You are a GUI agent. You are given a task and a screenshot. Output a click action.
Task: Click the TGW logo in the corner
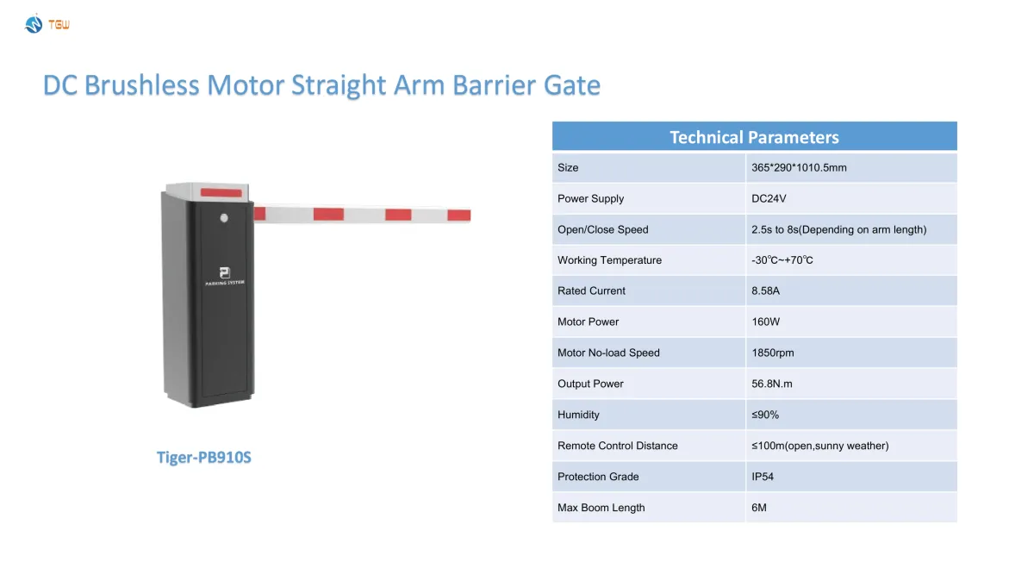click(47, 24)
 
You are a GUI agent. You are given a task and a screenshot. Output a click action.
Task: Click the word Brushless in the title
click(141, 85)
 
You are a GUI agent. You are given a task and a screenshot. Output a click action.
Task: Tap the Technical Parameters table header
click(754, 137)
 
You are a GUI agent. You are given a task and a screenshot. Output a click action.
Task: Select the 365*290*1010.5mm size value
click(799, 167)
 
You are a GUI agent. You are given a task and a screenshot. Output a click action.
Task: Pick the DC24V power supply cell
click(769, 198)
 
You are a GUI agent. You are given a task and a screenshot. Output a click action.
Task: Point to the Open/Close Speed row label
click(602, 229)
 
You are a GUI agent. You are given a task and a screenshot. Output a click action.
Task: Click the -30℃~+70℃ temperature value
click(782, 260)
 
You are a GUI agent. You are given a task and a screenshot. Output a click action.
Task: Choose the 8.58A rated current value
click(765, 291)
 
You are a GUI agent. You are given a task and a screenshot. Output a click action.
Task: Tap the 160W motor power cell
click(765, 322)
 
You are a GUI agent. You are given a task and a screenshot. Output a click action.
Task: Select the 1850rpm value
click(772, 353)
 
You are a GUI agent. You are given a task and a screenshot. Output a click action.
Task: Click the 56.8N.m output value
click(771, 384)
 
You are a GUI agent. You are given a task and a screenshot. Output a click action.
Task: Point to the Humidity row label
click(578, 415)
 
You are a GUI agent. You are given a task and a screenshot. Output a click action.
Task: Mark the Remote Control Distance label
click(617, 446)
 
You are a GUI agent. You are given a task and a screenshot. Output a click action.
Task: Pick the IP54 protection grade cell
click(762, 477)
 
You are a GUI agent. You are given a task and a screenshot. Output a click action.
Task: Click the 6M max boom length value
click(758, 508)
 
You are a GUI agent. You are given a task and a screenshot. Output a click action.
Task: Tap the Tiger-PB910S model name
click(203, 457)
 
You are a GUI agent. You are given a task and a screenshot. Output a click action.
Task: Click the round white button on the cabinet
click(224, 218)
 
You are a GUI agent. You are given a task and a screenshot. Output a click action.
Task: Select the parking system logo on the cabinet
click(225, 276)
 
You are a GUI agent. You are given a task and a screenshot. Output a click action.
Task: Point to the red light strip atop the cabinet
click(221, 192)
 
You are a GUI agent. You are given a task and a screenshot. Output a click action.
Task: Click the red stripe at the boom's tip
click(458, 215)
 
